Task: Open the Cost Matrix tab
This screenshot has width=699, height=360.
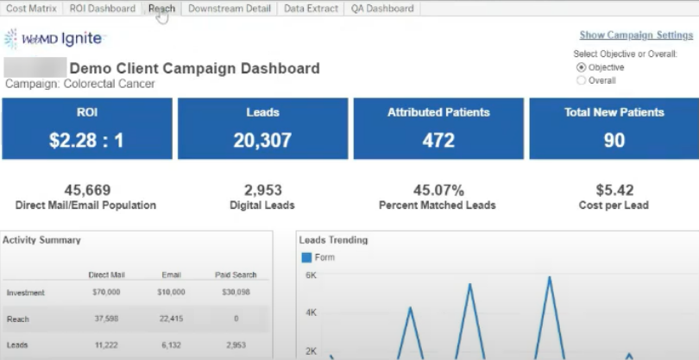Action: (x=31, y=9)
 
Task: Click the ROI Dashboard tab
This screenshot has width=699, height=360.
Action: (x=103, y=9)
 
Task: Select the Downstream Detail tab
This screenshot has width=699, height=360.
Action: (x=230, y=9)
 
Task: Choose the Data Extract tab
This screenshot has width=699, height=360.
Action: (x=311, y=9)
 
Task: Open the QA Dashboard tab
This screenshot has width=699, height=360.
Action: (x=382, y=9)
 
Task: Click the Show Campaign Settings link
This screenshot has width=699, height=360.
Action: (x=636, y=35)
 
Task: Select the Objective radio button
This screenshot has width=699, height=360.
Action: (x=582, y=67)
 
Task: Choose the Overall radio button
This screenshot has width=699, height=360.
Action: (x=582, y=80)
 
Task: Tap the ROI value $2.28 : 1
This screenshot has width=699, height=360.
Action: (x=86, y=141)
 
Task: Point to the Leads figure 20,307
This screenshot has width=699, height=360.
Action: (x=262, y=141)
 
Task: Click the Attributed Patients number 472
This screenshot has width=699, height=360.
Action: (x=438, y=141)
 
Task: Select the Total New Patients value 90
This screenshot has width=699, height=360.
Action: (x=614, y=141)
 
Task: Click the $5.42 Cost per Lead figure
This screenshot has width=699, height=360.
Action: (x=614, y=191)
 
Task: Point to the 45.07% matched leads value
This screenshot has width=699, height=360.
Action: (x=438, y=191)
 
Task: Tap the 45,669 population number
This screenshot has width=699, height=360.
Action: (x=86, y=191)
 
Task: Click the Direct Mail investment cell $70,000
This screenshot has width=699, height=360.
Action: (x=105, y=293)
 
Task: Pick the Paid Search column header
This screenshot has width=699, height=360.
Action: (x=236, y=275)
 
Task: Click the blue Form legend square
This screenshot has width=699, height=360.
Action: (x=306, y=257)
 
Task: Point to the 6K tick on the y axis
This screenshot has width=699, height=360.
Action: (x=312, y=275)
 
